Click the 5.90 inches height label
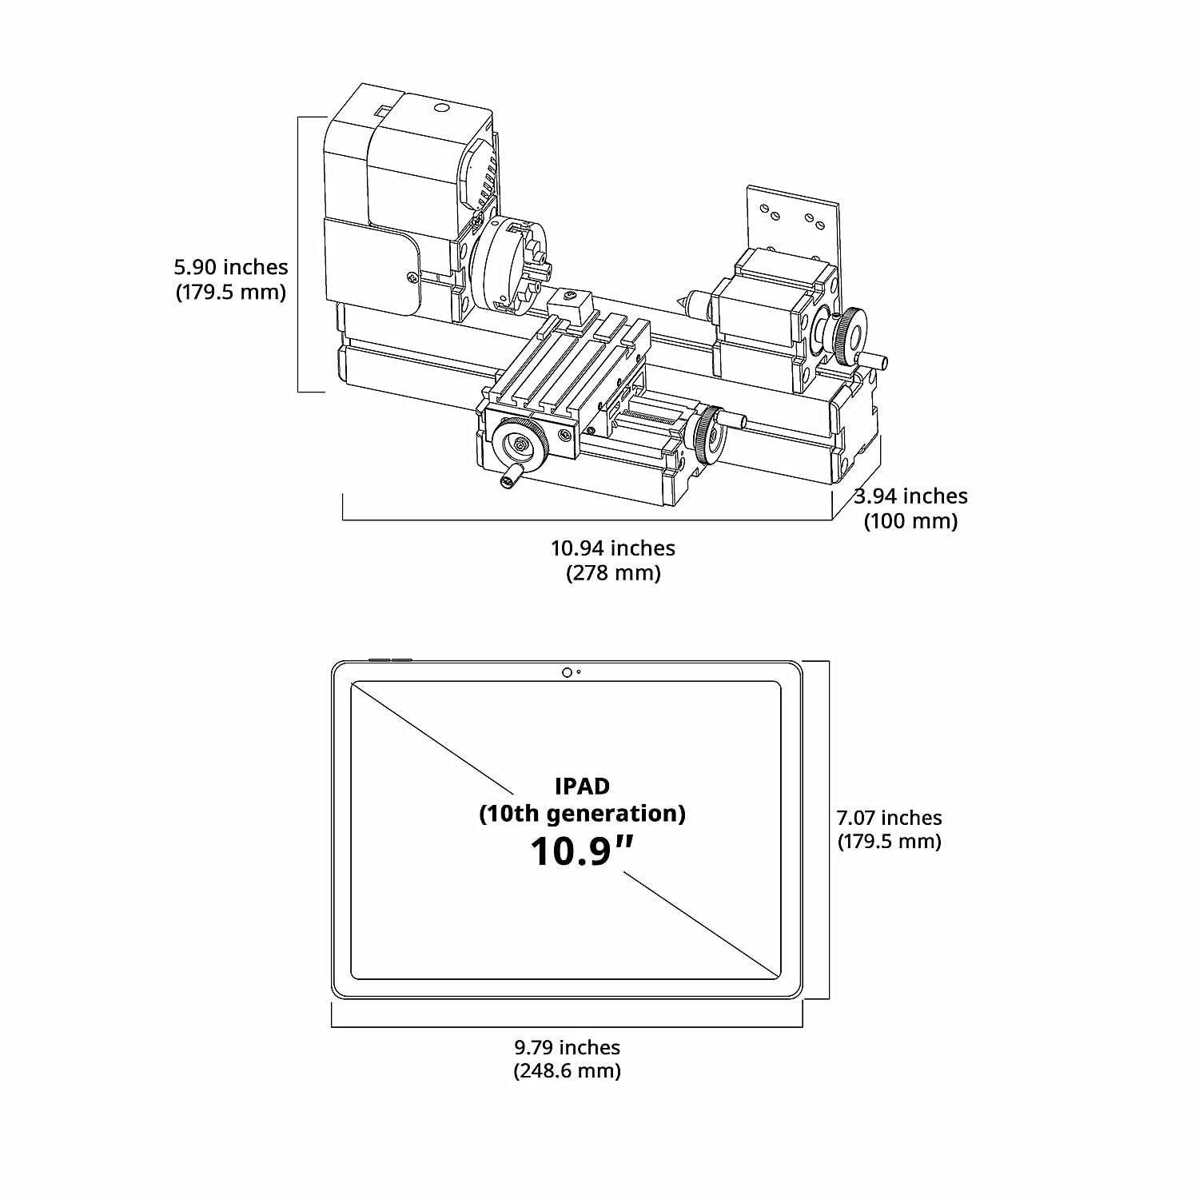pyautogui.click(x=231, y=267)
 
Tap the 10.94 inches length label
pyautogui.click(x=613, y=548)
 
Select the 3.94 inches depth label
pyautogui.click(x=910, y=496)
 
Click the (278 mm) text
pyautogui.click(x=613, y=573)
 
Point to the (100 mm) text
pyautogui.click(x=910, y=521)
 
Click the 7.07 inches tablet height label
pyautogui.click(x=889, y=818)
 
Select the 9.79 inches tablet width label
pyautogui.click(x=567, y=1047)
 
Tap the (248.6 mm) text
pyautogui.click(x=567, y=1070)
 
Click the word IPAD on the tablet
pyautogui.click(x=582, y=786)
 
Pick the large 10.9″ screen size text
pyautogui.click(x=582, y=851)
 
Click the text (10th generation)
pyautogui.click(x=582, y=814)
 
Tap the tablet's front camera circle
pyautogui.click(x=567, y=672)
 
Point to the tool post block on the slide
pyautogui.click(x=570, y=307)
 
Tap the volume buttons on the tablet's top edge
pyautogui.click(x=390, y=660)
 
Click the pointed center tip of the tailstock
pyautogui.click(x=683, y=301)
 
